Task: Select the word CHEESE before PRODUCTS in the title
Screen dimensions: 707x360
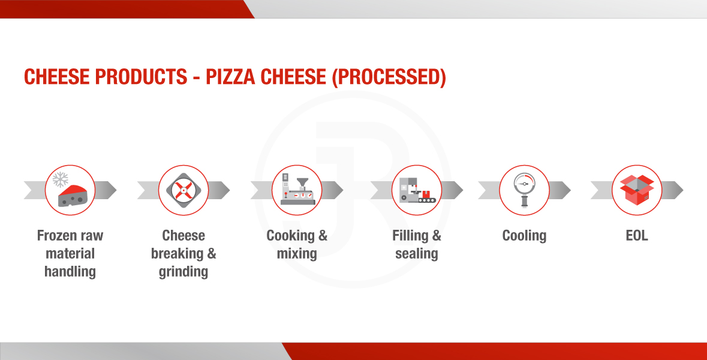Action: click(x=56, y=77)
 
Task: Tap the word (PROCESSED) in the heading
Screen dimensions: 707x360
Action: click(x=389, y=77)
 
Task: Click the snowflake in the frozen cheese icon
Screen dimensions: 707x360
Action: click(x=60, y=179)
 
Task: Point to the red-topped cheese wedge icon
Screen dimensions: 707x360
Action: click(x=73, y=196)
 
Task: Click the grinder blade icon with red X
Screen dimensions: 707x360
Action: click(x=183, y=190)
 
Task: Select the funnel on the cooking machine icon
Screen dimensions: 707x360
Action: click(x=303, y=183)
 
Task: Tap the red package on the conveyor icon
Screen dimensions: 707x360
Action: click(x=426, y=194)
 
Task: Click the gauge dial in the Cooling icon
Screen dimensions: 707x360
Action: click(x=524, y=184)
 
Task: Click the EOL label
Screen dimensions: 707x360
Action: click(x=637, y=235)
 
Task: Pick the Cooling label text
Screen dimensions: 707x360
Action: click(x=524, y=236)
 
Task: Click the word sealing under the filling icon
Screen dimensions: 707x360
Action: click(x=417, y=254)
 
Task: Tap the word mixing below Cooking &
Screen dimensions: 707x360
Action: click(x=297, y=254)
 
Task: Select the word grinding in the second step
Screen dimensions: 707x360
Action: click(x=183, y=272)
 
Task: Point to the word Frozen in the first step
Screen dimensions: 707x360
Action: click(x=52, y=235)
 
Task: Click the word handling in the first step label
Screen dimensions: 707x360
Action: click(x=70, y=272)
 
